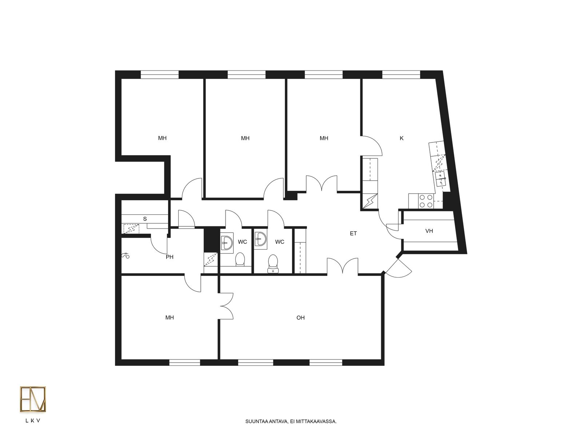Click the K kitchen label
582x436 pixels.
coord(401,138)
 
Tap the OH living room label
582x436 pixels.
coord(300,318)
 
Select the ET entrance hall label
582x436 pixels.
coord(353,234)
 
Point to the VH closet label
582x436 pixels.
coord(429,231)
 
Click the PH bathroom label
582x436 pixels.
coord(170,257)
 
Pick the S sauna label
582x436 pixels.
coord(145,219)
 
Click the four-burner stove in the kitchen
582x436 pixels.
coord(426,201)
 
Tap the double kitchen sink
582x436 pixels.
coord(441,179)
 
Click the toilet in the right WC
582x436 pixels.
coord(273,264)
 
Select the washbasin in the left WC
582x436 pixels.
coord(227,243)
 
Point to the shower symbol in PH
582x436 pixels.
coord(125,256)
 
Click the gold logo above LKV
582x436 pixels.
coord(33,399)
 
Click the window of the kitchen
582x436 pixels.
coord(401,74)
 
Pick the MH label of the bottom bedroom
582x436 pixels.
coord(170,318)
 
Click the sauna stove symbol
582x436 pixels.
coord(132,229)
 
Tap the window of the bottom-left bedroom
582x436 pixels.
coord(184,362)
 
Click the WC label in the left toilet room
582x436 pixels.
coord(242,242)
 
